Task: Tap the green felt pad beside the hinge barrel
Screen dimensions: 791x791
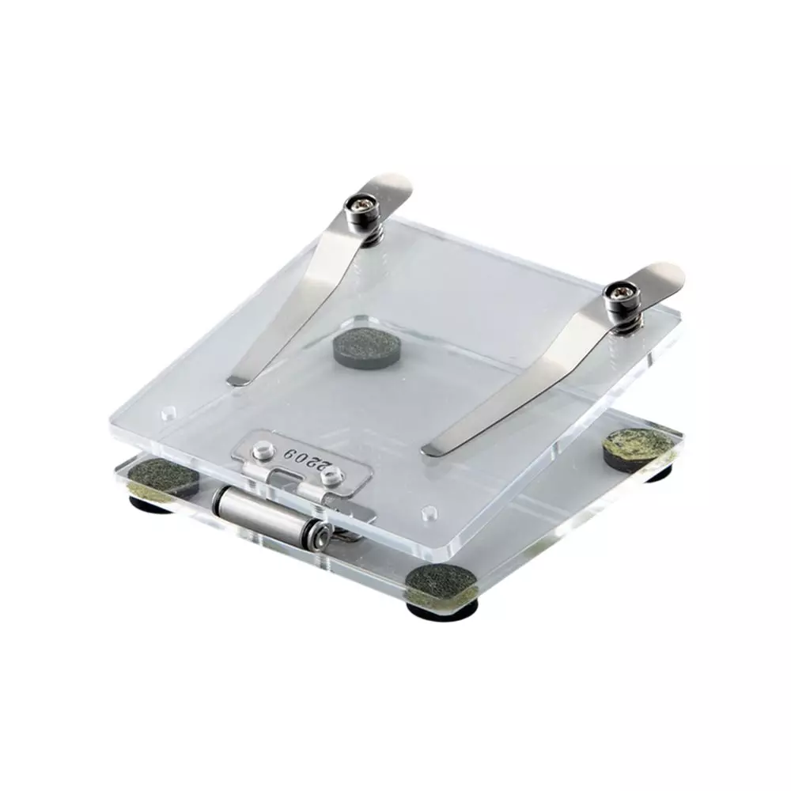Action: pyautogui.click(x=162, y=478)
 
